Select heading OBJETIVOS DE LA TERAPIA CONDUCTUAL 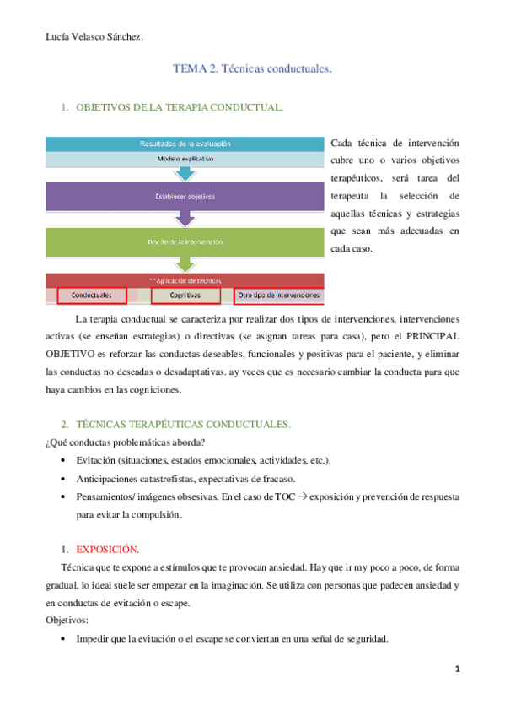179,108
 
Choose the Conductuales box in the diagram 92,296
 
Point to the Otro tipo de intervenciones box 278,296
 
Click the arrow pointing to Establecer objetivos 184,173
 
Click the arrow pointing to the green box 184,220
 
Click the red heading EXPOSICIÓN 107,524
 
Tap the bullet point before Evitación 66,460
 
